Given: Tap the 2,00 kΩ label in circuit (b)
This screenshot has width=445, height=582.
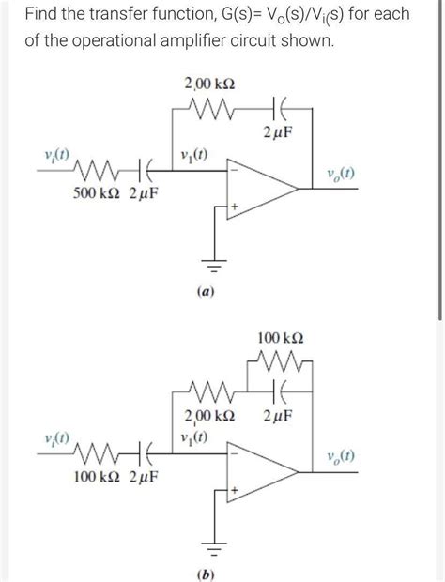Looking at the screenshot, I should [209, 416].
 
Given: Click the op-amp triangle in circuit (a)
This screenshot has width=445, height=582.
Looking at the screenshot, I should [258, 188].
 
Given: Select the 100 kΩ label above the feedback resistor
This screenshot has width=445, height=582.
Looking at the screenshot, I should [281, 335].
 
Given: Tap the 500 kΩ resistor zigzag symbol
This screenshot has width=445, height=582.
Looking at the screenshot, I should [94, 173].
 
